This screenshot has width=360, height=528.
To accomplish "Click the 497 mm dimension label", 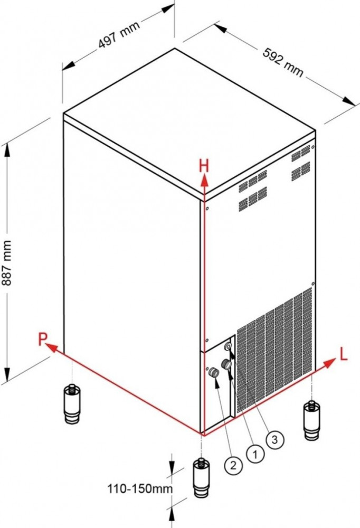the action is point(119,34).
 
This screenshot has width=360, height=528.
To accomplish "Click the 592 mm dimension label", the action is point(283,62).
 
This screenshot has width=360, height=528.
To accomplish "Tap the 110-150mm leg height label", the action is point(140,488).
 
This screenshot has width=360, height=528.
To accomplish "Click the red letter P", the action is point(42,339).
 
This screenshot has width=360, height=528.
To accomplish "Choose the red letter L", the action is point(343,355).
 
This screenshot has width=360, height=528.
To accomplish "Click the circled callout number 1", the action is point(255,455).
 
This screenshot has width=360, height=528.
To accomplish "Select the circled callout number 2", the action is point(233,466).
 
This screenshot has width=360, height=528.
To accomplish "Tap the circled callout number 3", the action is point(275,439).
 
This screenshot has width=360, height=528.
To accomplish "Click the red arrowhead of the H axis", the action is point(204,182).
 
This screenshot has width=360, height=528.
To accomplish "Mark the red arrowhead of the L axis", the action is point(330,362).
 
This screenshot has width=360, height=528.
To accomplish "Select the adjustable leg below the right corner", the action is point(312,420).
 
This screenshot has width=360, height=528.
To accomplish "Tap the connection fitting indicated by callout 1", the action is point(226,364).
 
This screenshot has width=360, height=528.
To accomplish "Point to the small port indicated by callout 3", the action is point(229,346).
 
